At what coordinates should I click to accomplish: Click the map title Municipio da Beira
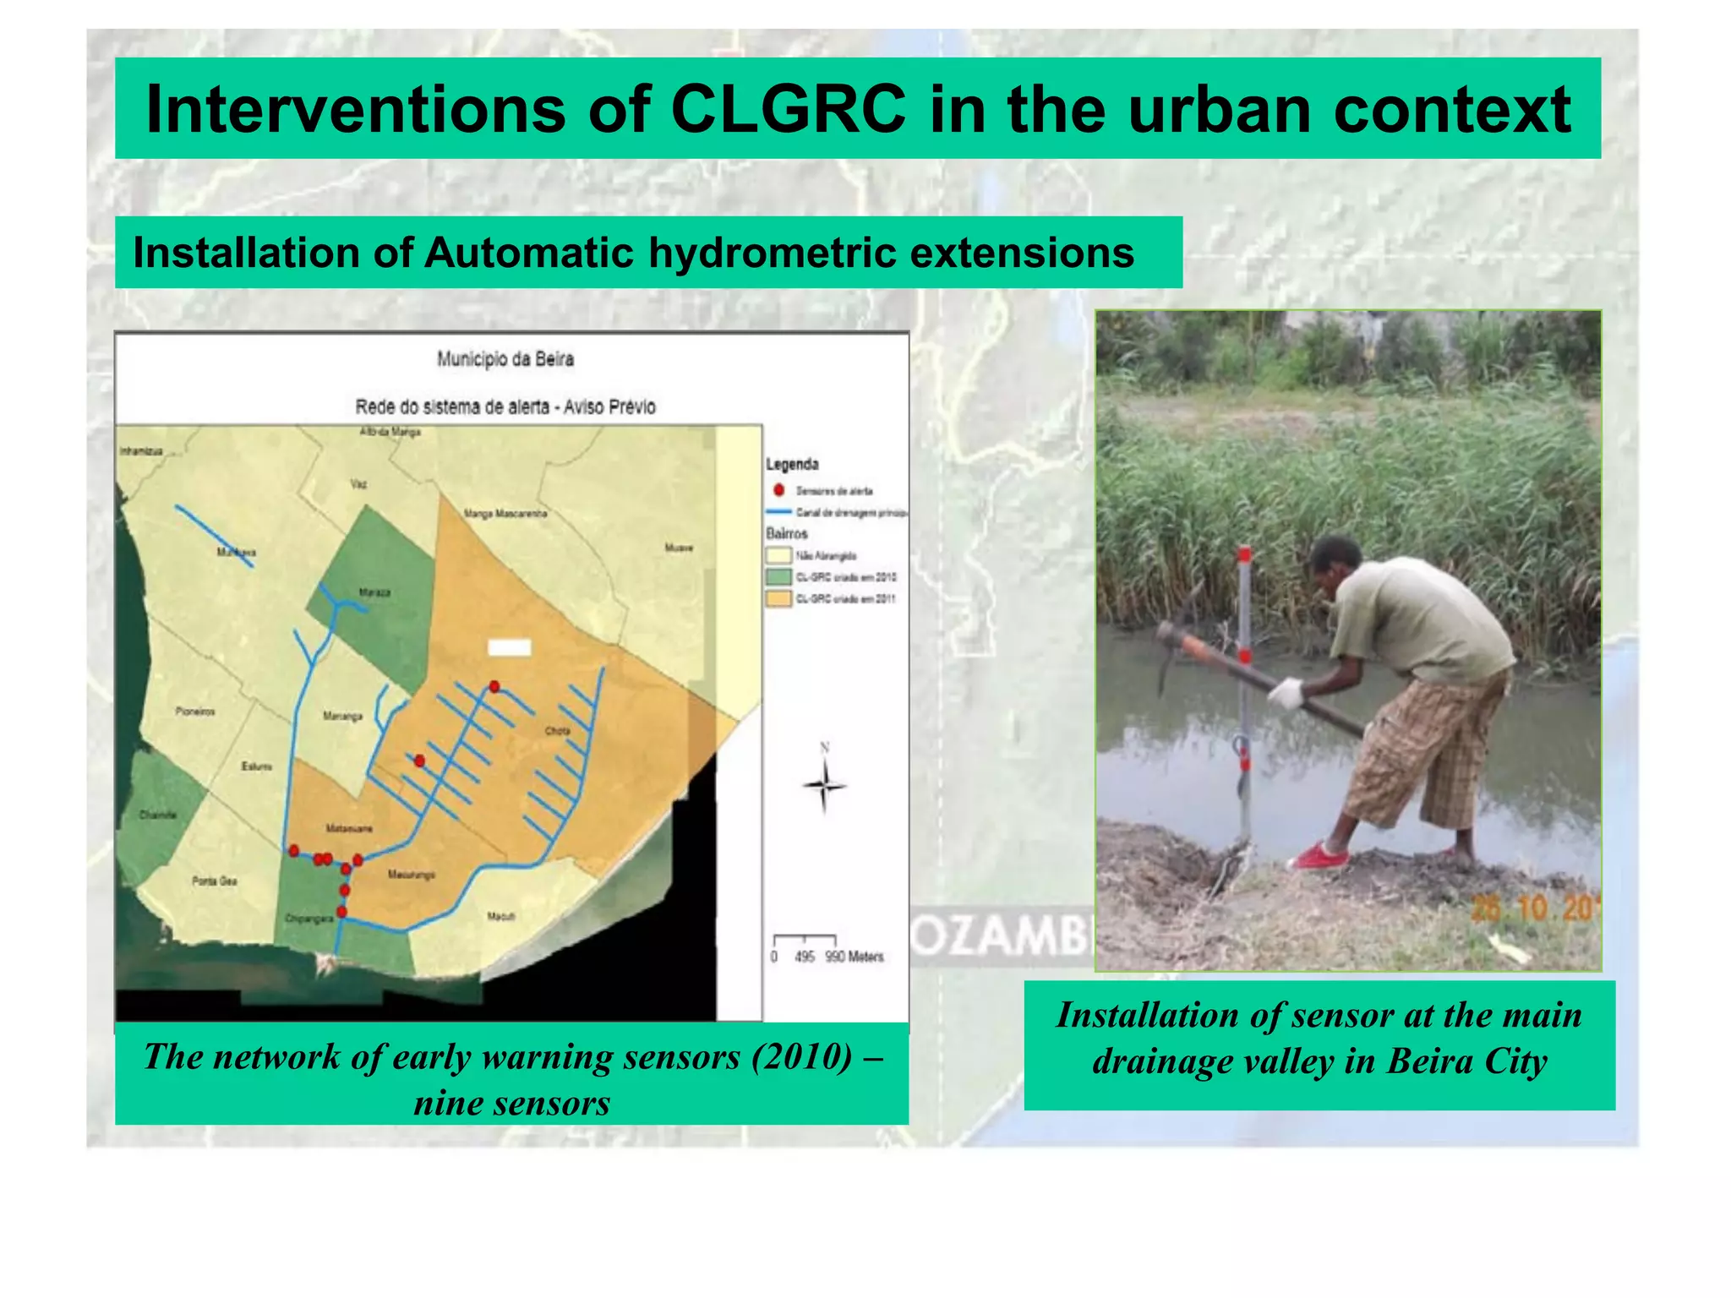[505, 359]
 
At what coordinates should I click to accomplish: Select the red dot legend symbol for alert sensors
[778, 490]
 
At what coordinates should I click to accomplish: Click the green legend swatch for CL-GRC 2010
[778, 577]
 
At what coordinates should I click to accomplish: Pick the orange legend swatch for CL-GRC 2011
[778, 599]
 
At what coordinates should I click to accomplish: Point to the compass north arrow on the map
[824, 784]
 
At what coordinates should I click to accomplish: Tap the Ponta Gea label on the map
[215, 881]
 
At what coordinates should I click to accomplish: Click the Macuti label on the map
[500, 916]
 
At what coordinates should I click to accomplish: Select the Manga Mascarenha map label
[505, 513]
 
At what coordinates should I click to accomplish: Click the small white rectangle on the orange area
[509, 647]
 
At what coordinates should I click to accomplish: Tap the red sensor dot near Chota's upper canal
[494, 686]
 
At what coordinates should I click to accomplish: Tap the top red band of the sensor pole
[1245, 555]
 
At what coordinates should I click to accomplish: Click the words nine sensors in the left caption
[512, 1103]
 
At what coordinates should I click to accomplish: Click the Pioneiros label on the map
[195, 712]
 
